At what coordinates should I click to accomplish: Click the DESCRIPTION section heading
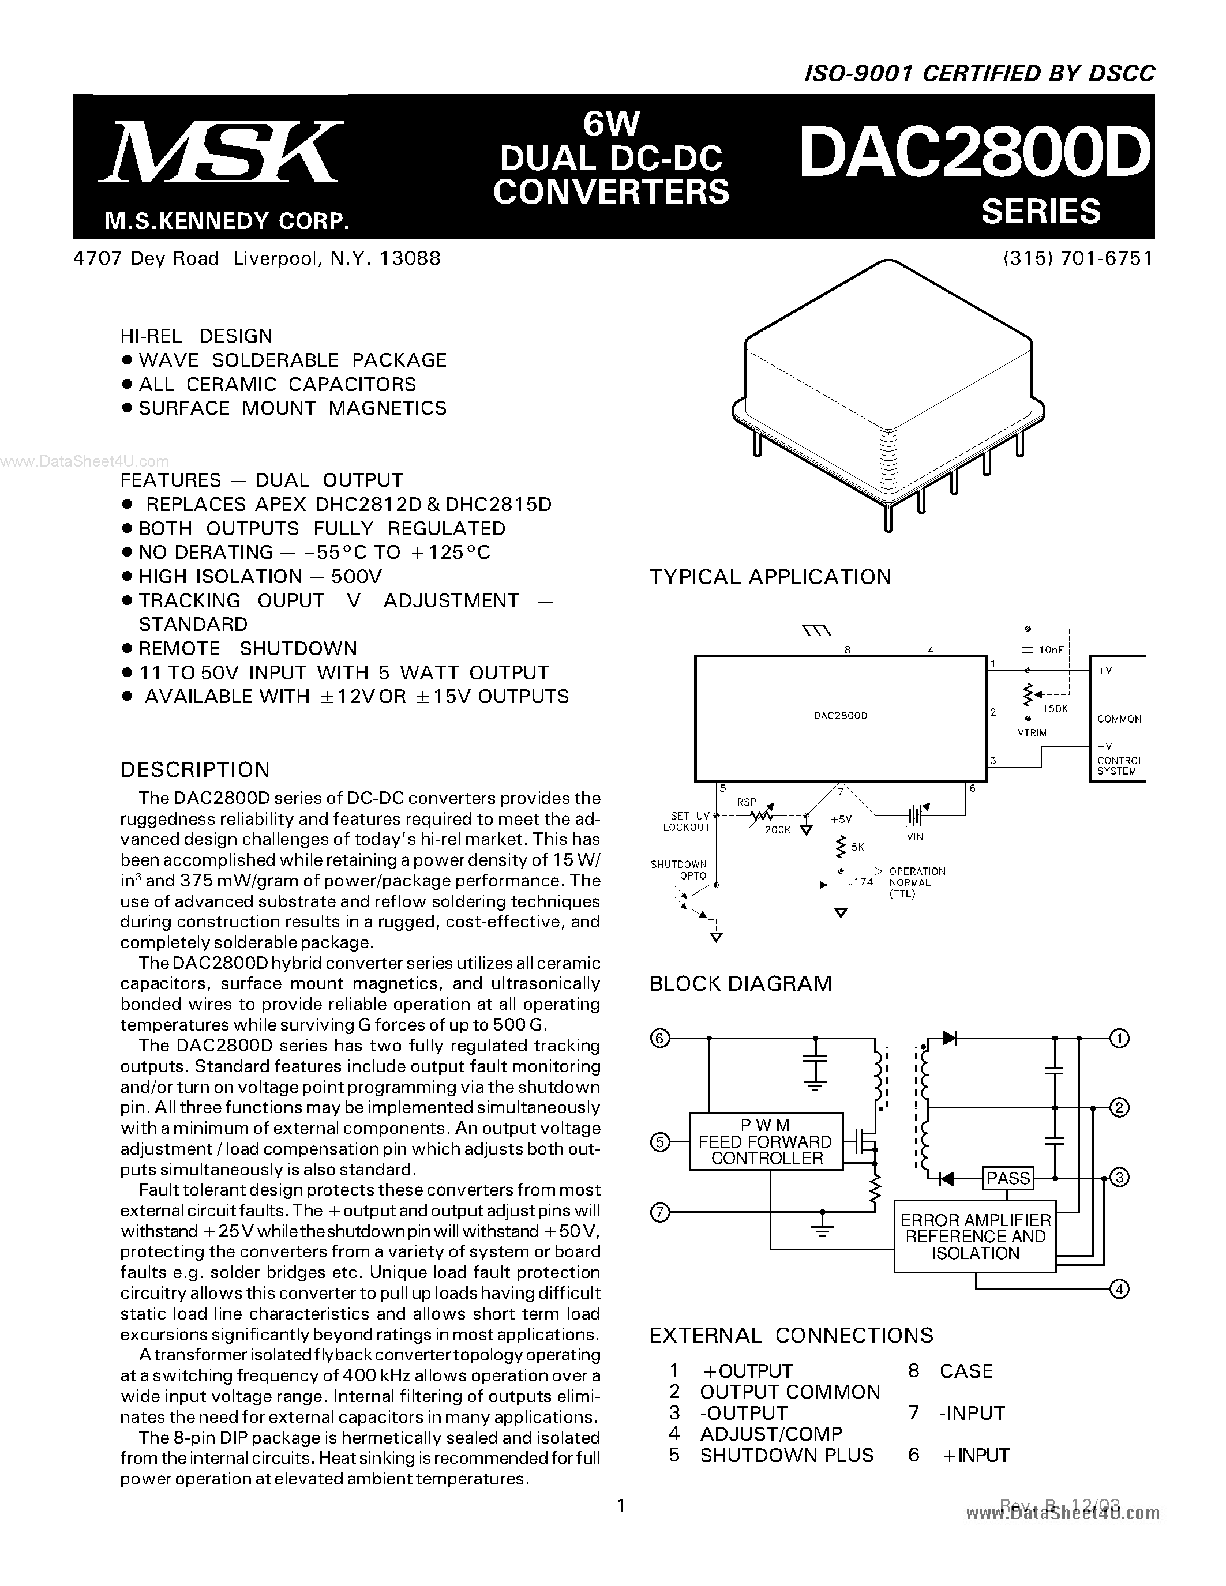[x=194, y=770]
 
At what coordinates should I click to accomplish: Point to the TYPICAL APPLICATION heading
[x=770, y=577]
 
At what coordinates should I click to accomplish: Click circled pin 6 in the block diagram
[x=659, y=1039]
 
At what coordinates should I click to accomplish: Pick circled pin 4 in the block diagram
[x=1119, y=1289]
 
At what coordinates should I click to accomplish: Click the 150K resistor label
[x=1055, y=708]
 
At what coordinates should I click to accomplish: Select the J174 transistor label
[x=861, y=882]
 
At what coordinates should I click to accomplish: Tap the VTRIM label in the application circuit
[x=1032, y=732]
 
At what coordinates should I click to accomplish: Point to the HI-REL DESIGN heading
[x=196, y=336]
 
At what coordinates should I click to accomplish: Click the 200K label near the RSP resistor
[x=777, y=829]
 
